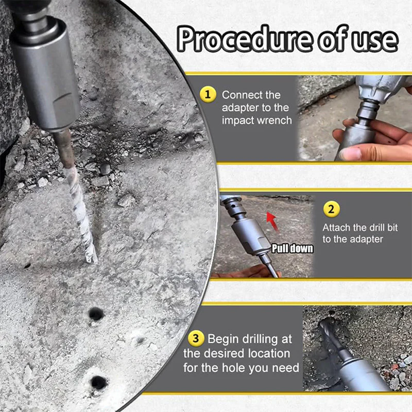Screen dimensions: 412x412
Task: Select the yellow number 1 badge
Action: [x=208, y=94]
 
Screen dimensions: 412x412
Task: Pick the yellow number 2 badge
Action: [x=331, y=210]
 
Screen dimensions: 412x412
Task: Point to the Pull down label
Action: [x=292, y=248]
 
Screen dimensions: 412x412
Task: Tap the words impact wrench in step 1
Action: [x=256, y=121]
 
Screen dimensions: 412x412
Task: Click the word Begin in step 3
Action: [x=224, y=339]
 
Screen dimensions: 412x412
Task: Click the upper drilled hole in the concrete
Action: [x=96, y=314]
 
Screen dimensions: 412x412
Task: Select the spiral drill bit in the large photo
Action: [x=77, y=206]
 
